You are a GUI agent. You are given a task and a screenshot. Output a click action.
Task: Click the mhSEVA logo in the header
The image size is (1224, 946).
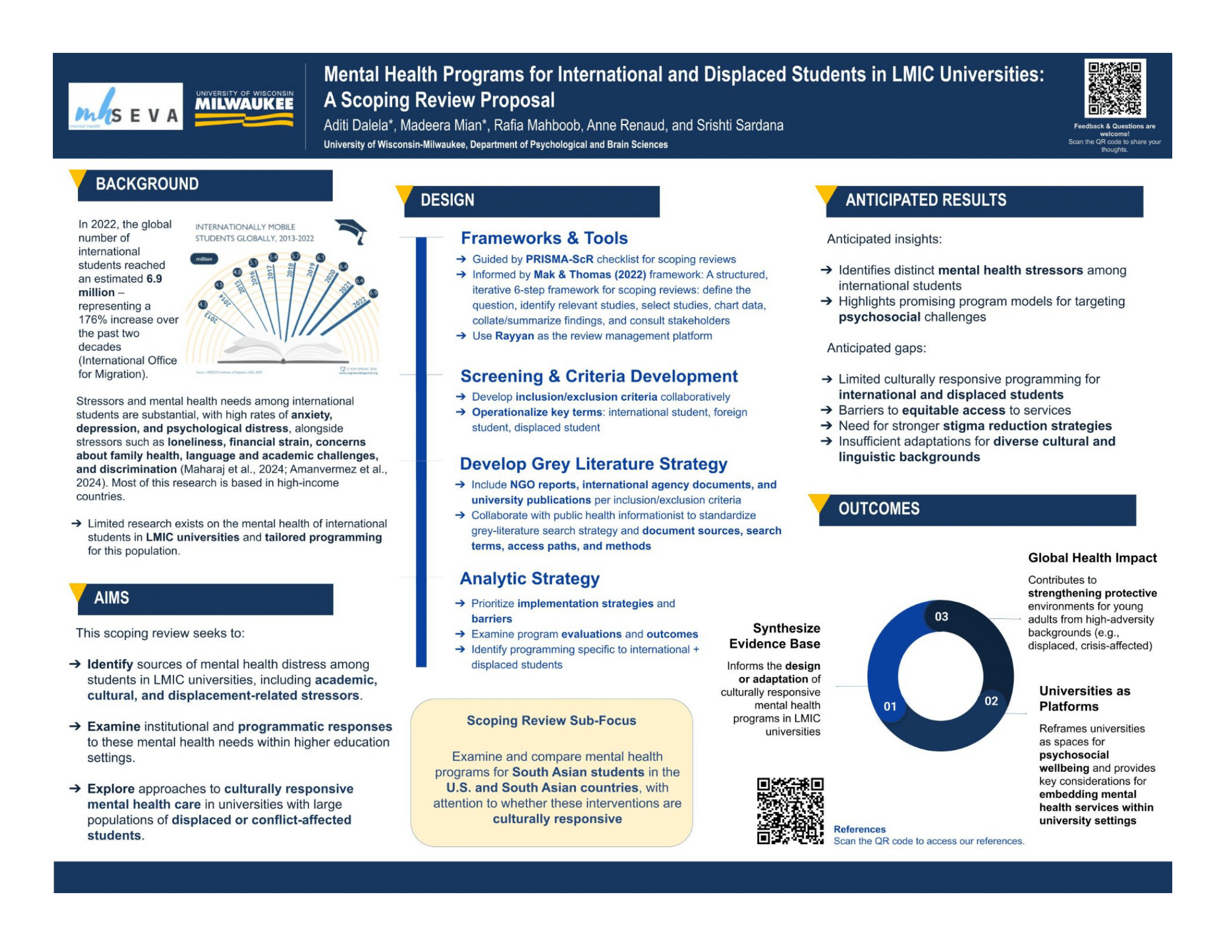[x=126, y=106]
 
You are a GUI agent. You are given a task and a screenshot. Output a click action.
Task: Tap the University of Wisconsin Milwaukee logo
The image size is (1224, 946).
[x=244, y=108]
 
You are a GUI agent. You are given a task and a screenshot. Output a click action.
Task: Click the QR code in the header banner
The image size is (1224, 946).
[x=1114, y=88]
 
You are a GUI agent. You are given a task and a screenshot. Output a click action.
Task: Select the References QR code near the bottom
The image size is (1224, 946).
[x=789, y=810]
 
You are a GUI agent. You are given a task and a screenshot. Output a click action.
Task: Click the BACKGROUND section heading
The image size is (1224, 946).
[x=147, y=184]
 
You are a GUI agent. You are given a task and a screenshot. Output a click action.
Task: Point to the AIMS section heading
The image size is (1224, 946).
[x=111, y=598]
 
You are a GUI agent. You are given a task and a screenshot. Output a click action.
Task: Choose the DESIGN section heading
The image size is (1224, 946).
[x=447, y=201]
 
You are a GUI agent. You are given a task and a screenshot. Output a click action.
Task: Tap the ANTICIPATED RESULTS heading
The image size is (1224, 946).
[x=925, y=201]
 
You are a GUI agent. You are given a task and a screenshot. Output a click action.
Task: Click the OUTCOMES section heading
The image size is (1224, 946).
[x=878, y=509]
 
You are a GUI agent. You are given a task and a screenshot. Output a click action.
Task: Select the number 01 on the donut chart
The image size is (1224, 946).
[x=890, y=707]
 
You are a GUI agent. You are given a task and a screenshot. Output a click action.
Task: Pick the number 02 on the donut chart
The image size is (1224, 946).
[x=991, y=701]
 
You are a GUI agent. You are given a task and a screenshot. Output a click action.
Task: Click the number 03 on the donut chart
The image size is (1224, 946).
[x=941, y=617]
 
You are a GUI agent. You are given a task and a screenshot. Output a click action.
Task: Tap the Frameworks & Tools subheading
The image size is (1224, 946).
[x=544, y=238]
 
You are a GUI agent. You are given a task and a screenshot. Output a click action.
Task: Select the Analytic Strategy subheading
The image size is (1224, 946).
[x=530, y=578]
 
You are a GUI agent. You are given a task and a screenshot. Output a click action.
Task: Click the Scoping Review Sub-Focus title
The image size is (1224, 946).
[x=551, y=721]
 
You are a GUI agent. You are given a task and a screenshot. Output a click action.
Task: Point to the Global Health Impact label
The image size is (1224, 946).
[x=1092, y=558]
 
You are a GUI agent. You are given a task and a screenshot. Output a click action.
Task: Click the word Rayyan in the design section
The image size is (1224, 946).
[x=514, y=336]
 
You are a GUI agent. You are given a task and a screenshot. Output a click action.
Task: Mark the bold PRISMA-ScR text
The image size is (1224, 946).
[x=559, y=259]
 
